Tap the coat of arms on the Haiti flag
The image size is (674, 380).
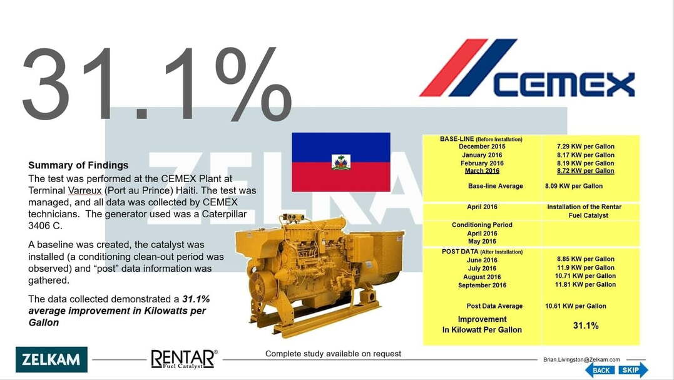point(341,162)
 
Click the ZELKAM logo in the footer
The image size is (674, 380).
point(51,359)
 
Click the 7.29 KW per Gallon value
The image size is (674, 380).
point(586,146)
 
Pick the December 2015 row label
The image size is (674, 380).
point(482,146)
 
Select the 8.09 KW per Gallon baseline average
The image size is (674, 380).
point(574,186)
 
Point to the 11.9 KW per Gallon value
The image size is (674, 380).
point(586,267)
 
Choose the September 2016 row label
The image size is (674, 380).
point(482,285)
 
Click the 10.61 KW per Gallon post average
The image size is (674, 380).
point(576,306)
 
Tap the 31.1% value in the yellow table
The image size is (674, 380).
point(586,326)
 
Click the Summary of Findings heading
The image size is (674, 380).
point(78,165)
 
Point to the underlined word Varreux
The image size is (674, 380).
point(84,190)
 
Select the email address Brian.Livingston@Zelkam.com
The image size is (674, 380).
point(581,359)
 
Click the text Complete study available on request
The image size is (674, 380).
point(333,354)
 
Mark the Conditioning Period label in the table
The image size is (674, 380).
point(482,225)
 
